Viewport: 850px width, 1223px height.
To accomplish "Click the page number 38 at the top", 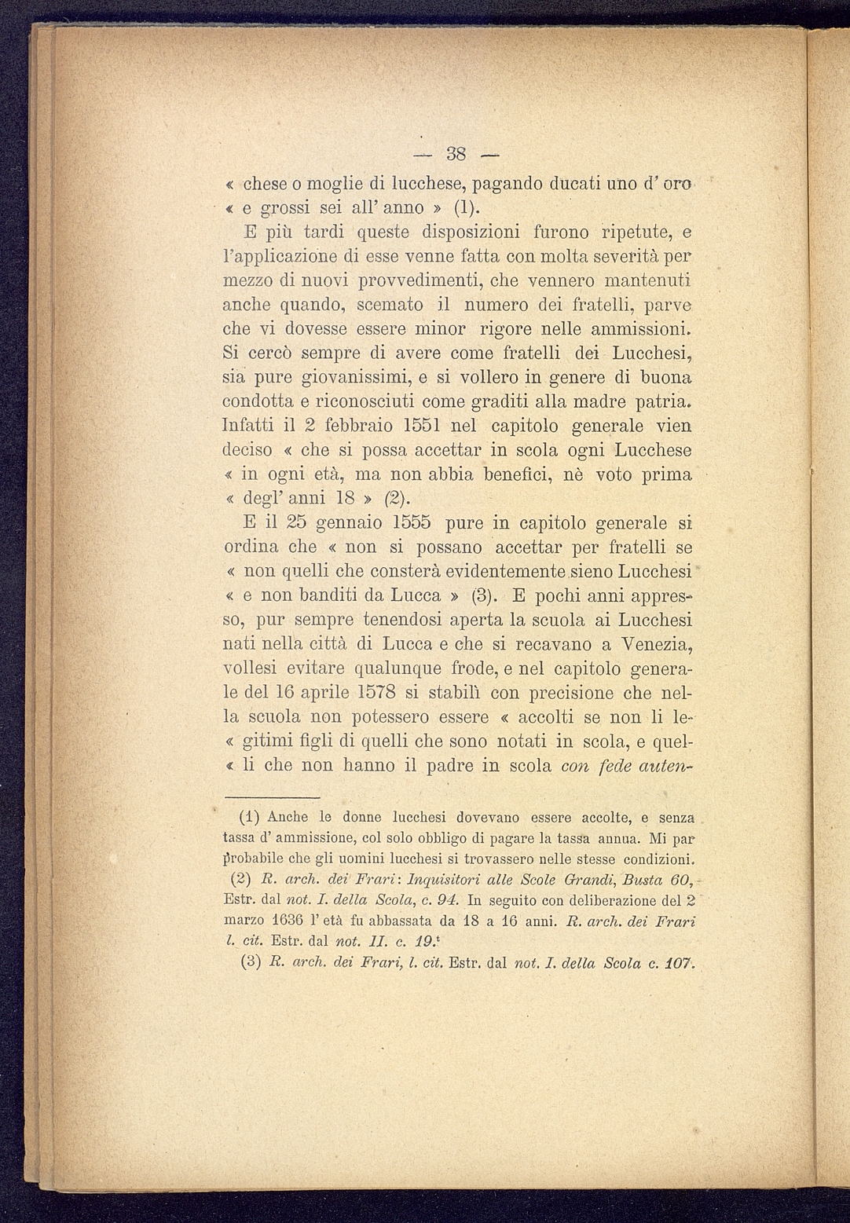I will [456, 152].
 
